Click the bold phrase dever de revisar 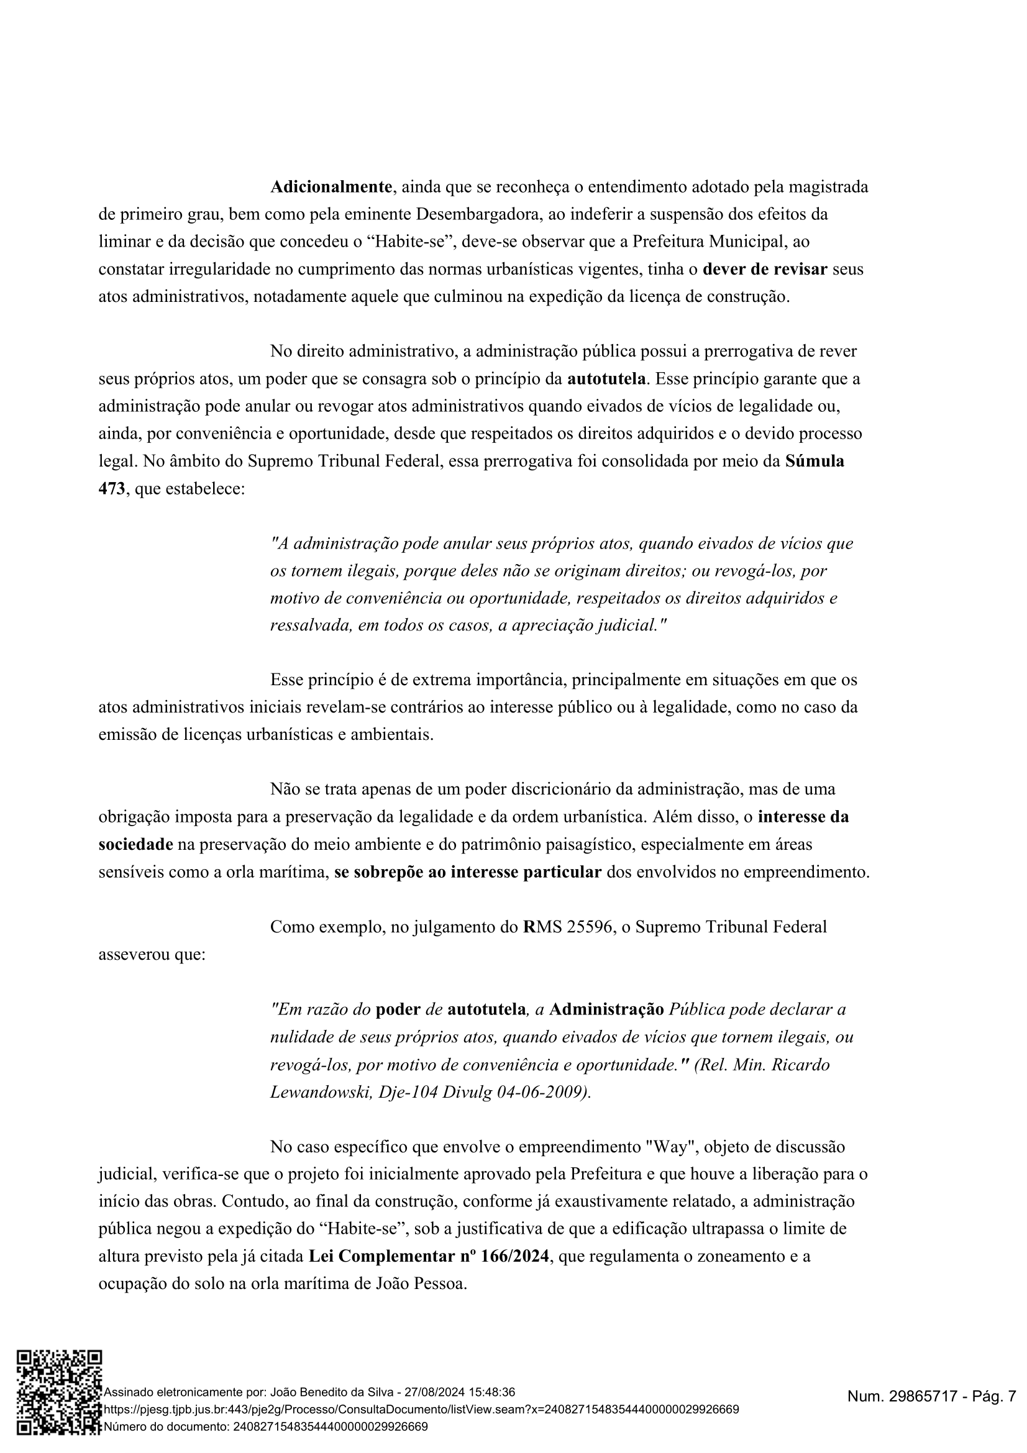[x=765, y=270]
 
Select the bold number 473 [x=111, y=489]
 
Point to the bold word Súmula [x=815, y=462]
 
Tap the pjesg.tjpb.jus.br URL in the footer [x=421, y=1410]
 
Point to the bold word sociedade [x=135, y=845]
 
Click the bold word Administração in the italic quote [x=606, y=1010]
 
